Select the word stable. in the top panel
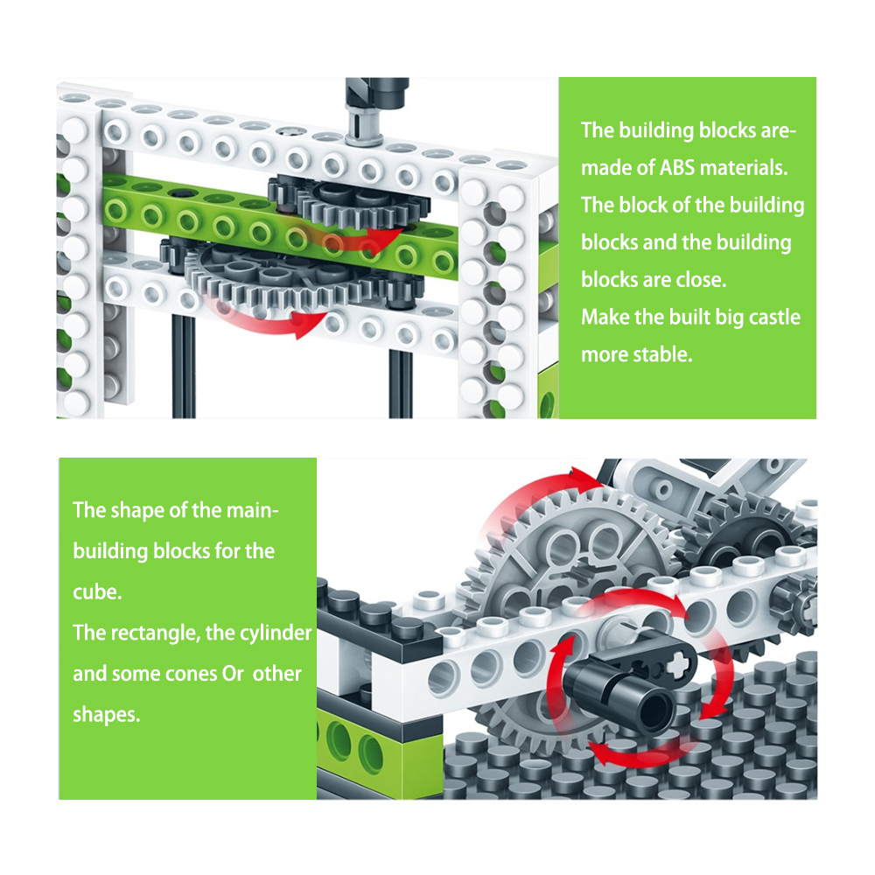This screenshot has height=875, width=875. click(663, 354)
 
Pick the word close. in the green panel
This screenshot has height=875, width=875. click(697, 280)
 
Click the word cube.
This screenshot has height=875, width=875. click(96, 591)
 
